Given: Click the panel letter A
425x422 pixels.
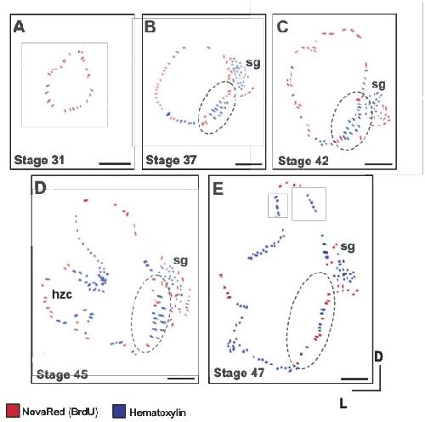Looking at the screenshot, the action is click(x=19, y=27).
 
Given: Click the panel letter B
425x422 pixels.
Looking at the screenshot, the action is click(x=150, y=27).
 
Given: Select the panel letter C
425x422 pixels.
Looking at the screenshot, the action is click(x=282, y=27).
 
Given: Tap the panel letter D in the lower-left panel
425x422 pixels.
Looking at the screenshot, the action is click(x=41, y=188).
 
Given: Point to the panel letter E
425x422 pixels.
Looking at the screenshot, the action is click(x=218, y=189).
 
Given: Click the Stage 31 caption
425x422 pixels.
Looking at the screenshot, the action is click(x=39, y=160).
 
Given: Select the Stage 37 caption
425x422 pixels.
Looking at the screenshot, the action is click(x=171, y=160).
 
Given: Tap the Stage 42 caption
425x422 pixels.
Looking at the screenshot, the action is click(x=303, y=161).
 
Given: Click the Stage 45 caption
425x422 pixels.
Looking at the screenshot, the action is click(x=62, y=374).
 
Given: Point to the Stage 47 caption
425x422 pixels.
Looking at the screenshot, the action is click(x=239, y=373).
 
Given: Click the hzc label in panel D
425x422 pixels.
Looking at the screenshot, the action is click(x=62, y=294).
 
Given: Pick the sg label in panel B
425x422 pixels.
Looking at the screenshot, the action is click(x=253, y=63).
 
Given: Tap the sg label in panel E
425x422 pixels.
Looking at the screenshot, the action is click(x=348, y=248).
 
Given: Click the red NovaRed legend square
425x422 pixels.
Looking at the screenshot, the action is click(x=13, y=411).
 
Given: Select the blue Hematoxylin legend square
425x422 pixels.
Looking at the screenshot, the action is click(x=119, y=411).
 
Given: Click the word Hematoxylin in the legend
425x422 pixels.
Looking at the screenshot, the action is click(x=158, y=412).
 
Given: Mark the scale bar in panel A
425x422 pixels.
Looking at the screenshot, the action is click(x=115, y=163).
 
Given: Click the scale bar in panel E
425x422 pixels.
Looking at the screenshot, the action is click(x=354, y=379).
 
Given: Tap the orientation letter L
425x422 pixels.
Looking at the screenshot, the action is click(x=343, y=403).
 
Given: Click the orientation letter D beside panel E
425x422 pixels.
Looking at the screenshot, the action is click(x=378, y=356).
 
